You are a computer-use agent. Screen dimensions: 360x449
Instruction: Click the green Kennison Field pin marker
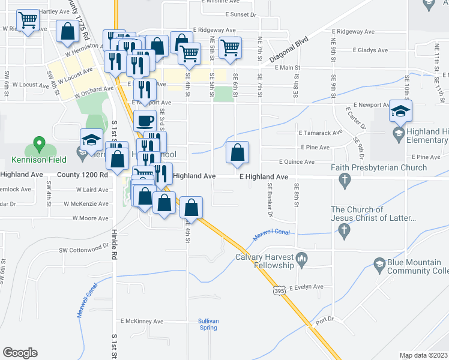[39, 145]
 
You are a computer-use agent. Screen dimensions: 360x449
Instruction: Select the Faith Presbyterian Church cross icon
[345, 179]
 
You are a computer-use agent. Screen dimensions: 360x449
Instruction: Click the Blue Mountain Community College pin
[379, 263]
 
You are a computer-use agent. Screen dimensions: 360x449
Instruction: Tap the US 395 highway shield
[279, 290]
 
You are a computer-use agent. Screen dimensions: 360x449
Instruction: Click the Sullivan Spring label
[208, 325]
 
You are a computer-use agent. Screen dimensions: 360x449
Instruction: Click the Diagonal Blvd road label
[292, 49]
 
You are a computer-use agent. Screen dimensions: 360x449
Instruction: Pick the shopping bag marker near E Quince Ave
[238, 153]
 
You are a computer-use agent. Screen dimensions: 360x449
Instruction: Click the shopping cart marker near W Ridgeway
[28, 20]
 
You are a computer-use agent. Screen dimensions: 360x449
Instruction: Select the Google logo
[20, 352]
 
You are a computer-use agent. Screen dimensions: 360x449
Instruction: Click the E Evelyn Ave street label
[306, 287]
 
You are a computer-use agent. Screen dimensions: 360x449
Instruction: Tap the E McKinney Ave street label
[142, 322]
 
